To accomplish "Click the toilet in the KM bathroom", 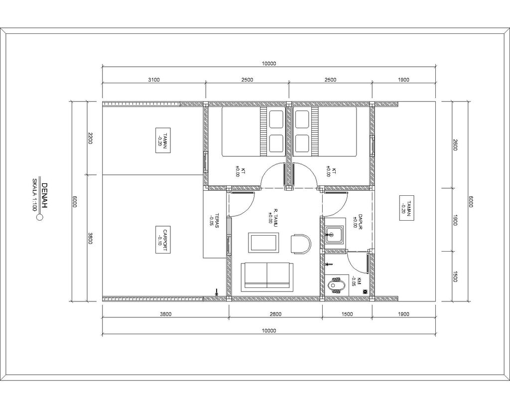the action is pos(335,286).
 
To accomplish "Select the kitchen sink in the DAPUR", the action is pos(333,234).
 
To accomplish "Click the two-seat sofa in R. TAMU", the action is pos(267,275).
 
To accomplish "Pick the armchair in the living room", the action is pos(301,244).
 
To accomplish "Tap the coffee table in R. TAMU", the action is pos(263,243).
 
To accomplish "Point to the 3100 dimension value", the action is pos(154,80).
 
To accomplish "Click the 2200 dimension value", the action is pos(90,137).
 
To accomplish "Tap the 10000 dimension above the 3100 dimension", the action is pos(269,63).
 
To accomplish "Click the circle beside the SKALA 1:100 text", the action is pos(40,217).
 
